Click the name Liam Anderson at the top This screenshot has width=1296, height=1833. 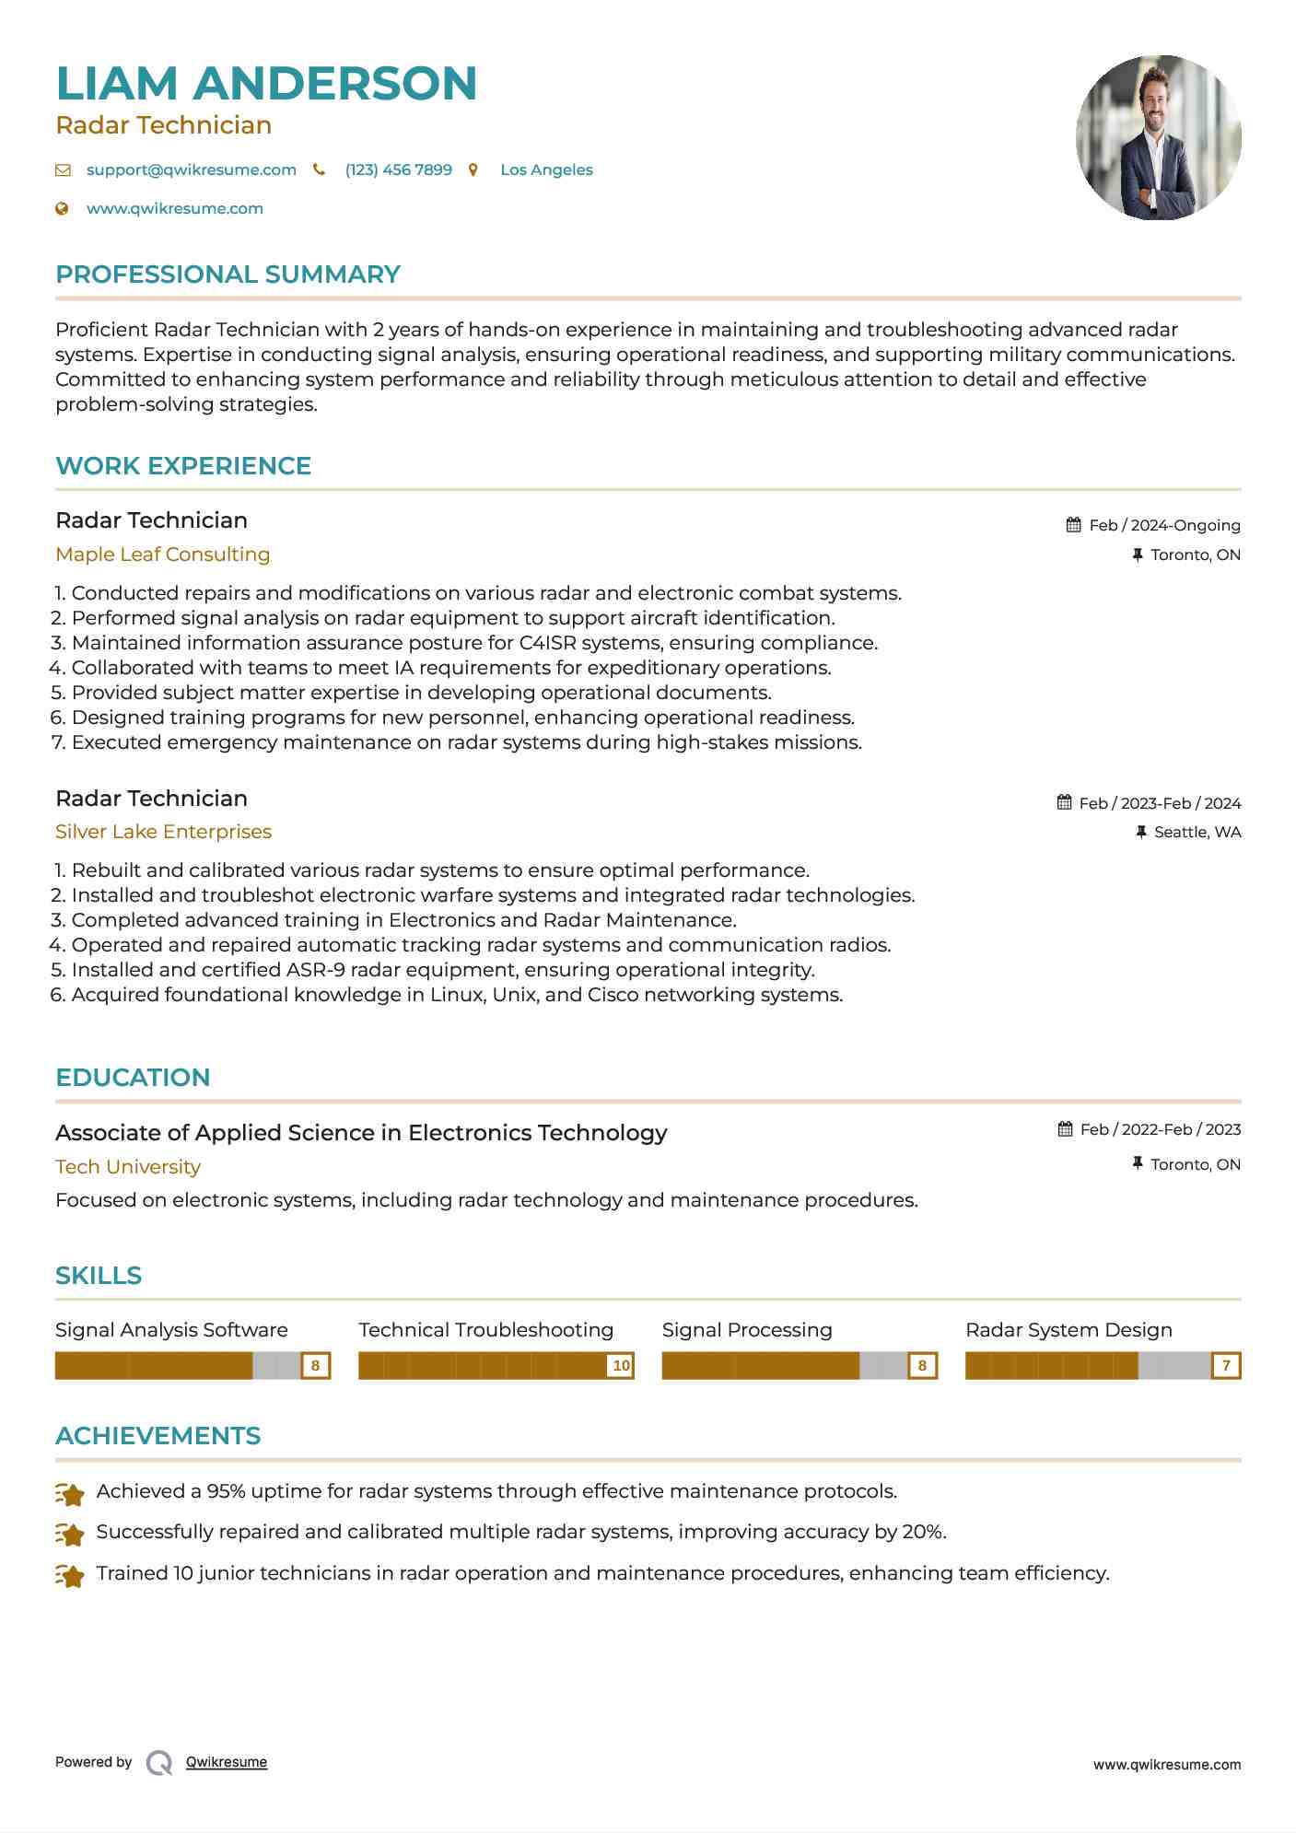coord(266,84)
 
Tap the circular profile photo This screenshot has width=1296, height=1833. coord(1158,138)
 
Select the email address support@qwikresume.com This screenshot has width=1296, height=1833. coord(191,170)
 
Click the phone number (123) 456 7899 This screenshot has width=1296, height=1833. coord(398,170)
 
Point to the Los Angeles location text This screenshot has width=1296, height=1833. coord(546,170)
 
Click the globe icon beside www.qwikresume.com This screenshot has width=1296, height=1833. coord(63,209)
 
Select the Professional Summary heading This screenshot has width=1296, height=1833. coord(228,274)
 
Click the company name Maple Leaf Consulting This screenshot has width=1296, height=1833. coord(162,555)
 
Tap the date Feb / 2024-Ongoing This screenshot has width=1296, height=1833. coord(1164,526)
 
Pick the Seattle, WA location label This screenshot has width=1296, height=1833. coord(1197,833)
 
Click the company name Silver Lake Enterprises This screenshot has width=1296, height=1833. coord(163,832)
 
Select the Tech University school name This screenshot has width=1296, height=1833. coord(128,1167)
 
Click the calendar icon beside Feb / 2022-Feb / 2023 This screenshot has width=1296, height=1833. coord(1065,1129)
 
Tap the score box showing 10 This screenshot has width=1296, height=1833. coord(622,1366)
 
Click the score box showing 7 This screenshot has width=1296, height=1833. coord(1226,1366)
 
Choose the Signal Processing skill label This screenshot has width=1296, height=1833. coord(746,1330)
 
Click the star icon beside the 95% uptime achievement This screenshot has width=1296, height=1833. coord(70,1493)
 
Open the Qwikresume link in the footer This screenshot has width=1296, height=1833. coord(227,1762)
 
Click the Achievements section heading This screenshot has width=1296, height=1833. coord(158,1436)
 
